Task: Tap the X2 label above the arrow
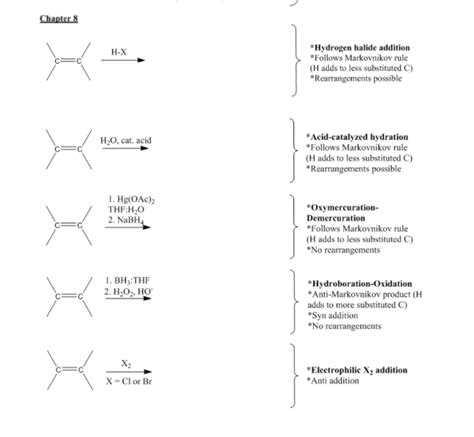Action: pos(126,364)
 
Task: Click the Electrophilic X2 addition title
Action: pos(357,370)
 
